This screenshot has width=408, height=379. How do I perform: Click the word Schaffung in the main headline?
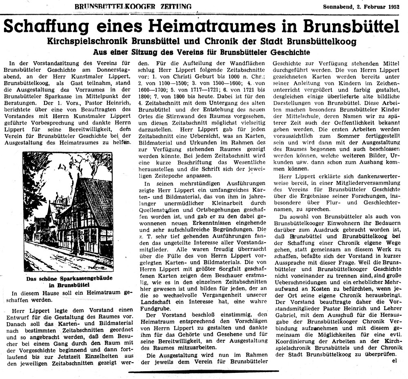50,27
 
